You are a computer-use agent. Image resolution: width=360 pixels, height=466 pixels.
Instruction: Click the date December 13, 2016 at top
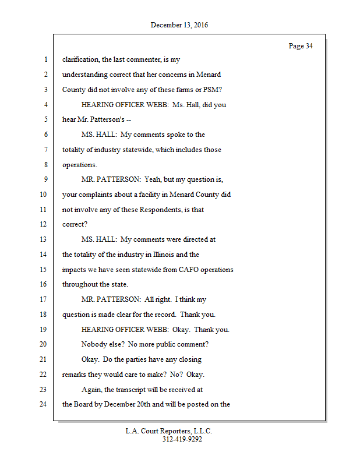179,25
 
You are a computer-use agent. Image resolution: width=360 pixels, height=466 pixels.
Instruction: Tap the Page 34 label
301,46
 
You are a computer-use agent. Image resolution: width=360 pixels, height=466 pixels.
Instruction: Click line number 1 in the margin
45,59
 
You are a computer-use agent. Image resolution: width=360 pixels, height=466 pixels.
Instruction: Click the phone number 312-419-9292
182,440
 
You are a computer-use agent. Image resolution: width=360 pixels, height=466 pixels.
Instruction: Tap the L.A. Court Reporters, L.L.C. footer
169,432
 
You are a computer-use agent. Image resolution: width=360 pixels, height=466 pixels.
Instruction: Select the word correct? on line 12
74,224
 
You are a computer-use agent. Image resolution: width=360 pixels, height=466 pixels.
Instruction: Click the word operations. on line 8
80,165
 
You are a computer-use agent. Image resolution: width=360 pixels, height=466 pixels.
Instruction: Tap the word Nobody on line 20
94,344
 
